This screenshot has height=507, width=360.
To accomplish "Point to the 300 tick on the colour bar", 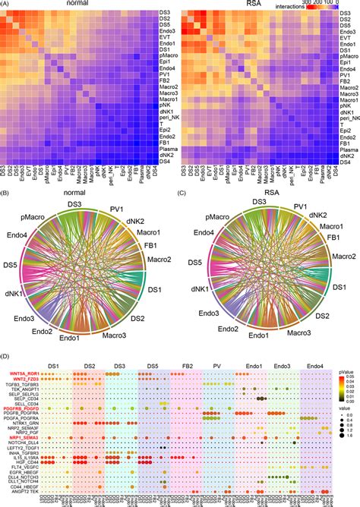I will pos(311,4).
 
